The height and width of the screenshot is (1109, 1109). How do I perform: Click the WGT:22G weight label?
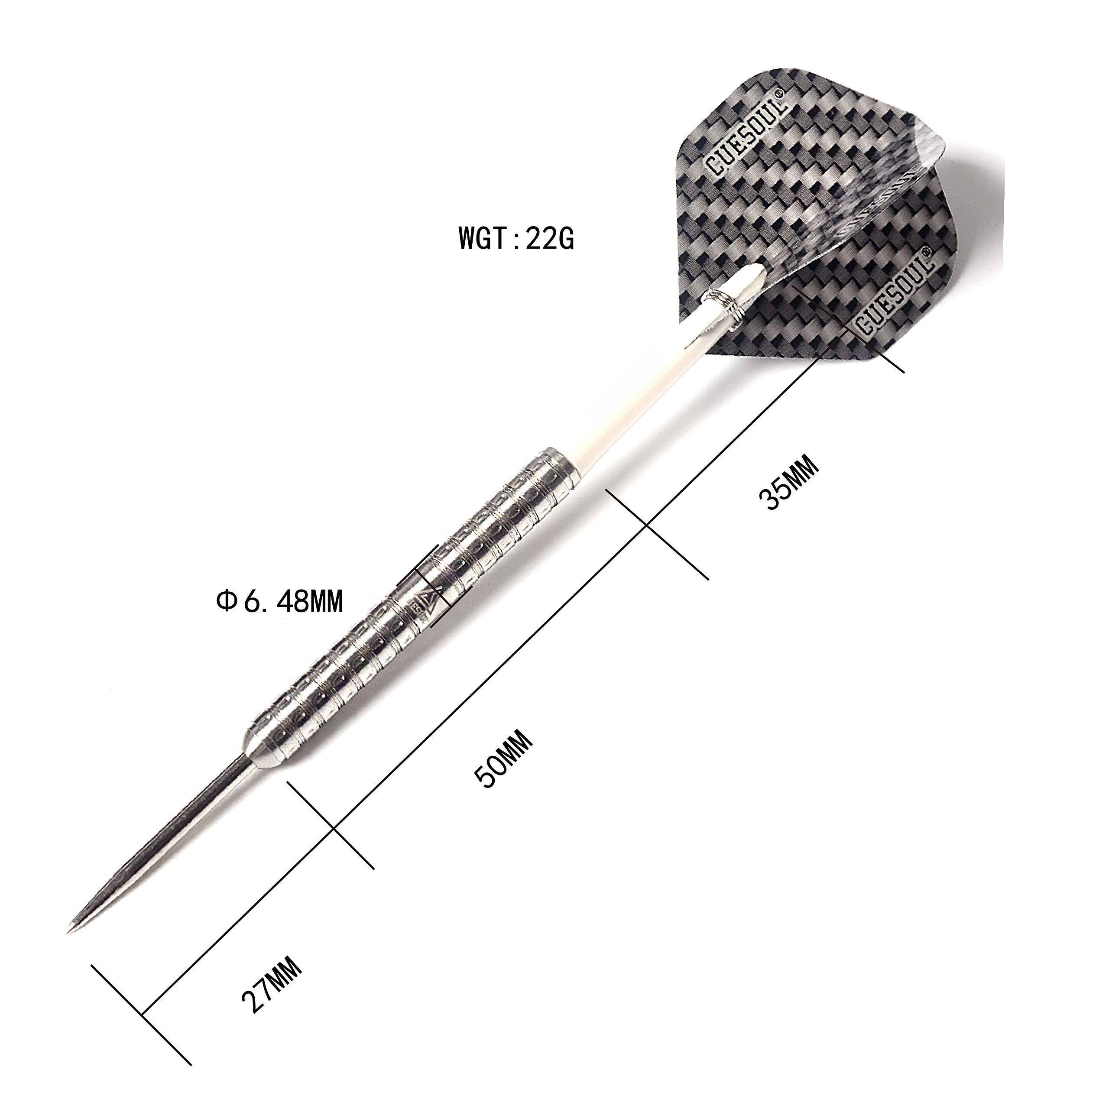[x=516, y=239]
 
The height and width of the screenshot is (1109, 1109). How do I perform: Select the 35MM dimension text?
[x=787, y=482]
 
